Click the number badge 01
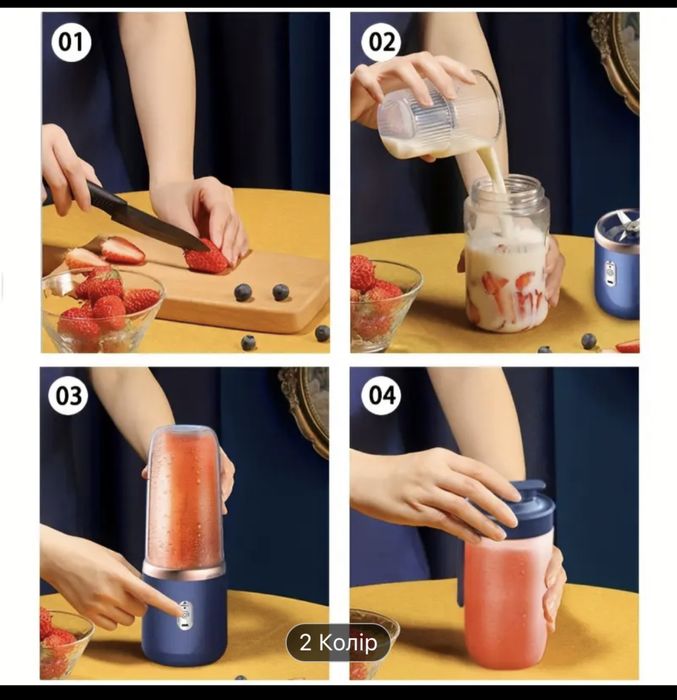71,42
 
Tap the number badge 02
382,42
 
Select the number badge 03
68,396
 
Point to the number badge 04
382,396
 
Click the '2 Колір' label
338,643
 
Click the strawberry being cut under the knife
206,258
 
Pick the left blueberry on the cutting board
243,292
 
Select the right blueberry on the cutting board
281,292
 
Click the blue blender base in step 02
617,264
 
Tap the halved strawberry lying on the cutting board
122,250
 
